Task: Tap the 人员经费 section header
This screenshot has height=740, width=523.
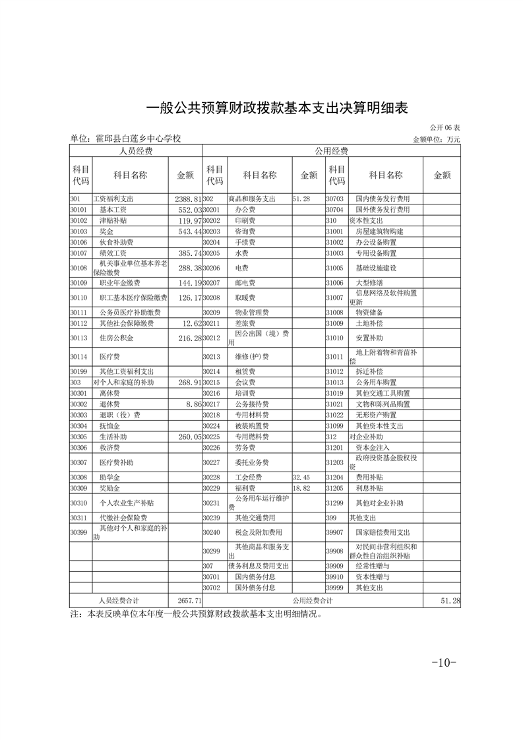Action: pos(136,151)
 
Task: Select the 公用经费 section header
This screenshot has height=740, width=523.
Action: pos(332,151)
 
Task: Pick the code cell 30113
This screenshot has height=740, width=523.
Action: pos(79,338)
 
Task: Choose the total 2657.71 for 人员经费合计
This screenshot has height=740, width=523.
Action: pos(189,601)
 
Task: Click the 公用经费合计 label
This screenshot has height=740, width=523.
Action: pos(312,601)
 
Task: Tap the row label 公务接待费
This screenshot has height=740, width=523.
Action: pos(250,404)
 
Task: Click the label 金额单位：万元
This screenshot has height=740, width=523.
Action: pos(436,139)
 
